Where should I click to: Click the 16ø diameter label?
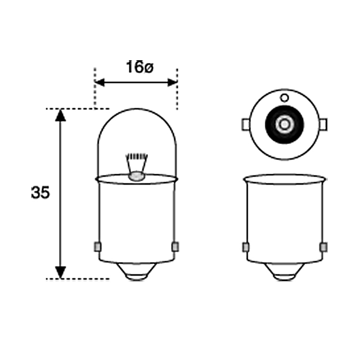coord(139,67)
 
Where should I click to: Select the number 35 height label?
coord(40,193)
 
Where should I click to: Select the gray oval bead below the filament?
coord(137,177)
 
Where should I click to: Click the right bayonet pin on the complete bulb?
coord(175,246)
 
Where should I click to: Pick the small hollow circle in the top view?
coord(284,98)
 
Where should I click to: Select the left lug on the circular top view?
coord(245,123)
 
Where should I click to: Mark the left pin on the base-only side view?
coord(245,247)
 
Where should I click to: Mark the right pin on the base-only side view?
coord(323,247)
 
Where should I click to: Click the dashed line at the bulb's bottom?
coord(79,278)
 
